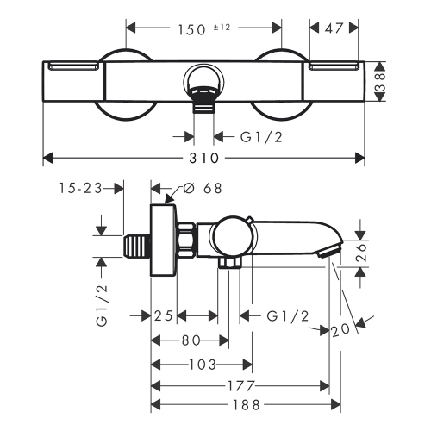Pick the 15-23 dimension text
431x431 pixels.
80,188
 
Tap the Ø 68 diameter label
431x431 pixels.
208,188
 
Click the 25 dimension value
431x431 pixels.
165,316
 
